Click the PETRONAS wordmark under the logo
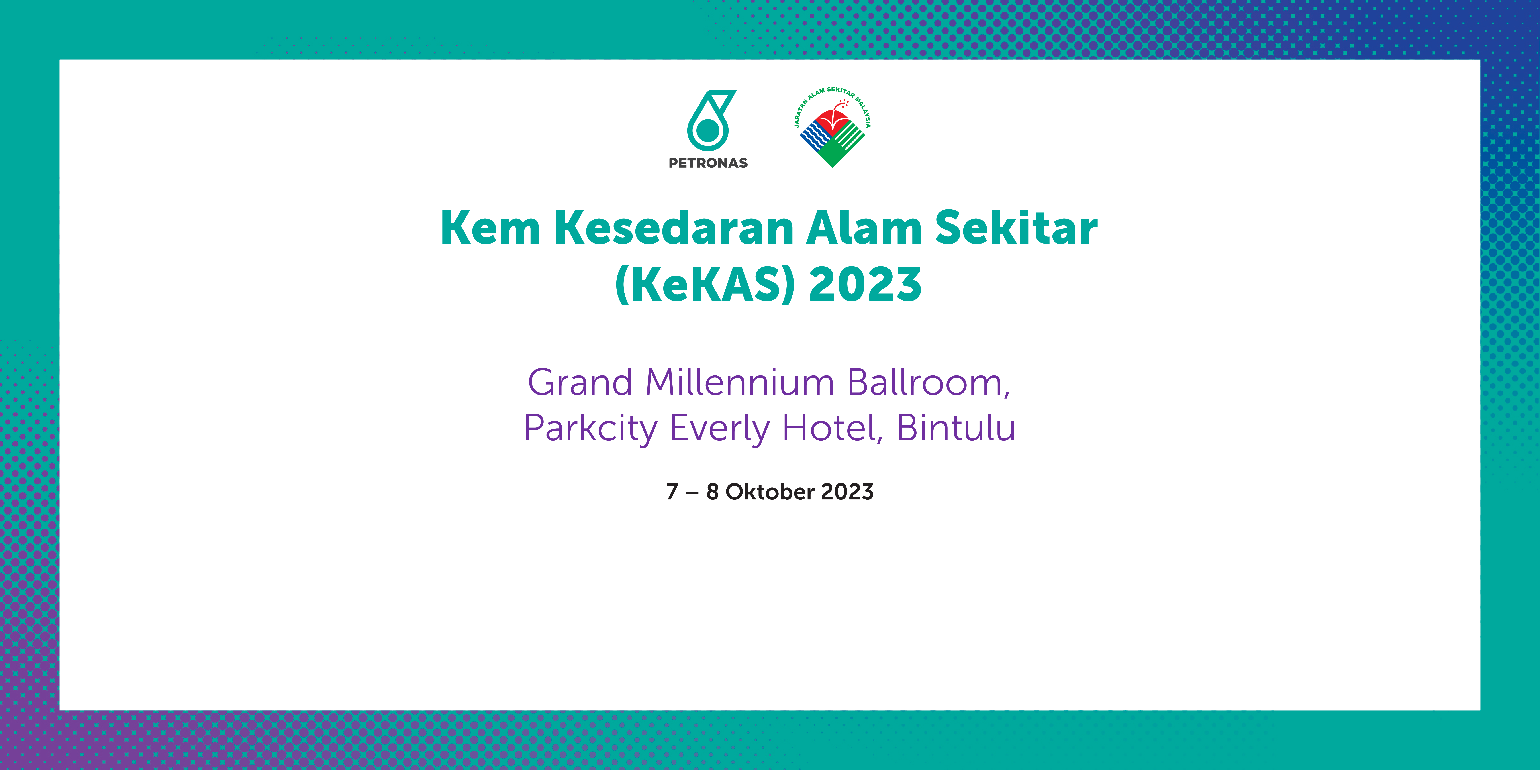point(708,163)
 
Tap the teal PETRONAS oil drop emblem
point(710,120)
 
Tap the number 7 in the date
point(672,491)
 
